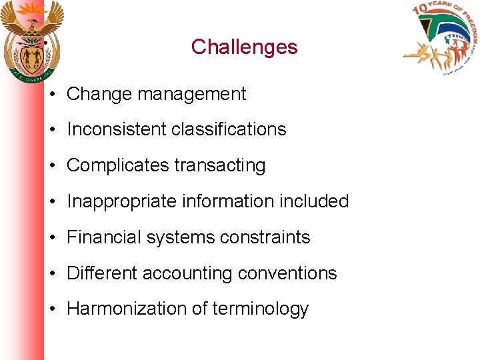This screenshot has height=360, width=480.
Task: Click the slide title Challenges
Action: point(244,47)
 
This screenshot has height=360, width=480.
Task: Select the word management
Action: point(191,95)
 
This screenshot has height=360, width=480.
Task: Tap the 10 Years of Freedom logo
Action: point(441,39)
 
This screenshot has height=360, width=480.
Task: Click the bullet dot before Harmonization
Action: point(51,309)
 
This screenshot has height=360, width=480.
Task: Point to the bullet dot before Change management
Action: point(51,95)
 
